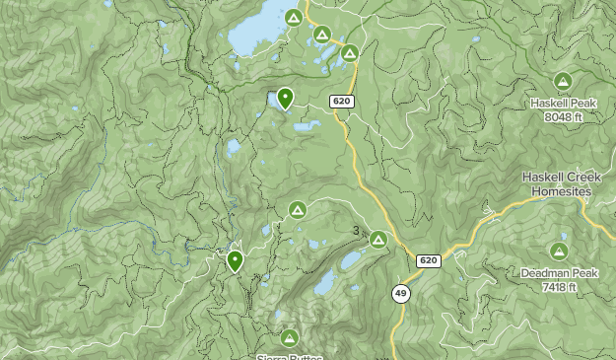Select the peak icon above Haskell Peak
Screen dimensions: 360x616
(563, 81)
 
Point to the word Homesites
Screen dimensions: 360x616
(557, 190)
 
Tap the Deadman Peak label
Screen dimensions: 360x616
(558, 273)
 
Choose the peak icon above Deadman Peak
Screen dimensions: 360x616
(559, 252)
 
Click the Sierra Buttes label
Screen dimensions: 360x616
(289, 357)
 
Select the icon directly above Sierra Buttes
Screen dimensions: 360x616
(289, 338)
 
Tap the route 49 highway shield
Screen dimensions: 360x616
(400, 293)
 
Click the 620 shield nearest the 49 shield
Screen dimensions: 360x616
(428, 260)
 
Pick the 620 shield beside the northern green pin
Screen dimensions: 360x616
(341, 102)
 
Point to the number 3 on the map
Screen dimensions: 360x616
(356, 232)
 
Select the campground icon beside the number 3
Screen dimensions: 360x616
(377, 239)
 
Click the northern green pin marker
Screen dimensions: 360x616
(285, 97)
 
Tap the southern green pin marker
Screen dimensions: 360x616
(235, 260)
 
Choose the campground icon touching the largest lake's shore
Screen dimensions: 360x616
(293, 19)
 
